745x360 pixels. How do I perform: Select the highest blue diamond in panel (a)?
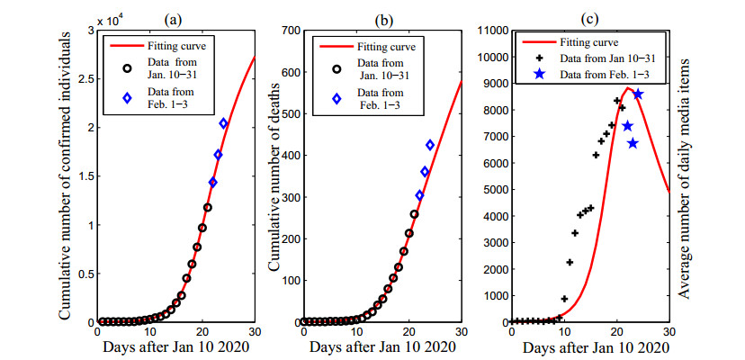coord(223,123)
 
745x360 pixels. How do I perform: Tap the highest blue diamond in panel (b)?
coord(430,145)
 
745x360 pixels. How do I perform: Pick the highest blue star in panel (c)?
coord(638,94)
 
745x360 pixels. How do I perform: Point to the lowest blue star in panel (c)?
coord(633,143)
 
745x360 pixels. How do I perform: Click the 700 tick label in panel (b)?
coord(287,31)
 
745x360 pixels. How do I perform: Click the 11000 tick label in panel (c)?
coord(486,31)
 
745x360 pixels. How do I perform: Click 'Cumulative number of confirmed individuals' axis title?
coord(65,176)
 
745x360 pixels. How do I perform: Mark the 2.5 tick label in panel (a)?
coord(84,79)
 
